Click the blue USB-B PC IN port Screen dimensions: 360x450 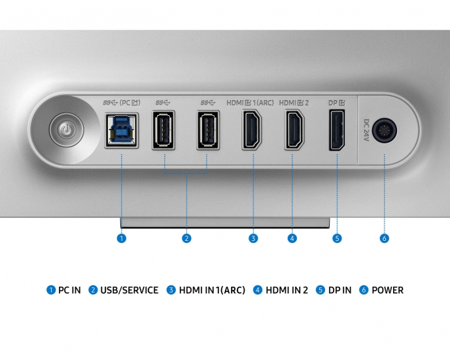(121, 132)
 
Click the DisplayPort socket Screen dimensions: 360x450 (337, 132)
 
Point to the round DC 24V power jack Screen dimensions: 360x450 (384, 130)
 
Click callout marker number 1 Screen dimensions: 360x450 (121, 238)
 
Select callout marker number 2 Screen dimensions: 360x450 (186, 238)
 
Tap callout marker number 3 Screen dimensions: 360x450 (253, 238)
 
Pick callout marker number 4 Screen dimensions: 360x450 (292, 238)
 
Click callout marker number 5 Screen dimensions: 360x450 (337, 238)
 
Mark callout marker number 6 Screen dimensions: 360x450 (384, 238)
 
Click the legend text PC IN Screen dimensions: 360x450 (69, 290)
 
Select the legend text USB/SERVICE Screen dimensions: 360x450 (130, 290)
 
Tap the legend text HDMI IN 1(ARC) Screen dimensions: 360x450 (212, 290)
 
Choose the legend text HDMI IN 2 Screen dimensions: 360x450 (286, 290)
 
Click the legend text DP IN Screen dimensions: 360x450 (339, 290)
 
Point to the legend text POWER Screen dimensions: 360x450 (388, 290)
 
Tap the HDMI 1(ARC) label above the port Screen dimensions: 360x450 (251, 103)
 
